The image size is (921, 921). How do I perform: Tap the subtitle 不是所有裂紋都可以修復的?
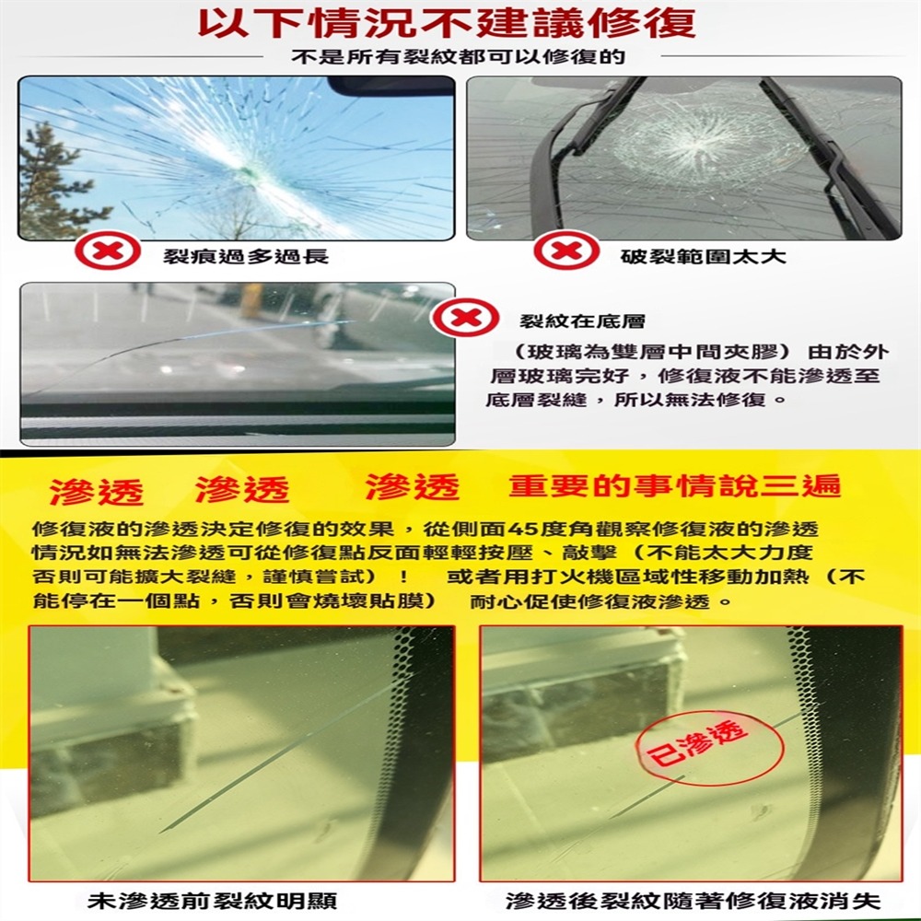click(458, 57)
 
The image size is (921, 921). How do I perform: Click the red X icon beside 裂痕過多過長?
click(107, 251)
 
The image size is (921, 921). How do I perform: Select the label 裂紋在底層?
click(582, 322)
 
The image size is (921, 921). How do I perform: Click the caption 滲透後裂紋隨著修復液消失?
click(694, 901)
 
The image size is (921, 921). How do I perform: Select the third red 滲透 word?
click(412, 487)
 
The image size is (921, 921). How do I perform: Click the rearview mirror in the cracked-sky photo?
click(391, 87)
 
